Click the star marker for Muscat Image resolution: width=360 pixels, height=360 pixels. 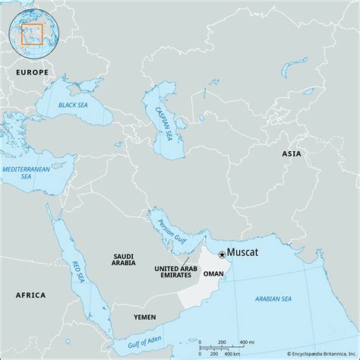point(221,254)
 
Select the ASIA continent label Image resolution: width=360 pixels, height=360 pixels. point(292,153)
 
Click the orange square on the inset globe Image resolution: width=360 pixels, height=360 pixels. point(33,33)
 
